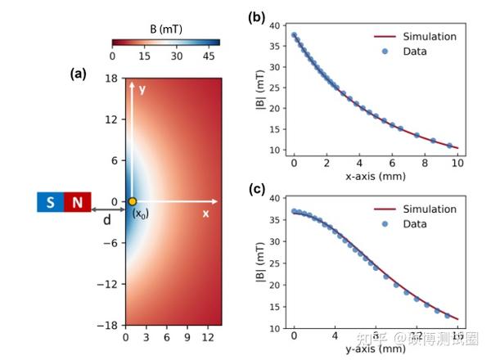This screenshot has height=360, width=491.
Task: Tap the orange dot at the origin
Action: click(132, 201)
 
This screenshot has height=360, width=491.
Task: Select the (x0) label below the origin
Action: click(142, 214)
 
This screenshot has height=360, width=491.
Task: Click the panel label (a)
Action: click(79, 73)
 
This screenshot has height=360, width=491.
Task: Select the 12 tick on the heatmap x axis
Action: click(208, 335)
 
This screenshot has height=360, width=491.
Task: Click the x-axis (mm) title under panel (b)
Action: click(374, 176)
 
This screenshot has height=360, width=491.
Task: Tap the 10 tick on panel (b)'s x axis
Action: click(457, 163)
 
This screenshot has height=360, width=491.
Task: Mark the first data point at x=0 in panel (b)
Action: click(295, 35)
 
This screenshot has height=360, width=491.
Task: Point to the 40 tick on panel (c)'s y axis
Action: click(277, 198)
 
